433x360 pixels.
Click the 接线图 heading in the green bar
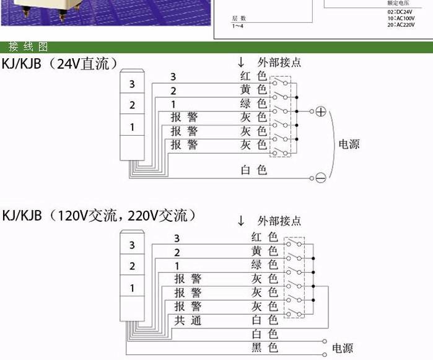click(x=28, y=47)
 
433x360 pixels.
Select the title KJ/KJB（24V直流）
click(x=61, y=63)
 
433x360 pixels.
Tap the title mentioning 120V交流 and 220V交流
click(x=99, y=216)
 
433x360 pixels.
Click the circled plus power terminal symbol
click(x=320, y=112)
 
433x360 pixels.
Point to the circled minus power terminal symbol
click(x=320, y=178)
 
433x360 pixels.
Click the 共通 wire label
click(x=188, y=321)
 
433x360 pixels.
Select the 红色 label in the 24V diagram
click(x=253, y=76)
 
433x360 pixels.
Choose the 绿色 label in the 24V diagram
click(x=253, y=103)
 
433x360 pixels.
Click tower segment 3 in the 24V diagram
click(x=132, y=84)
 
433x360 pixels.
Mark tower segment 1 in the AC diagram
click(x=132, y=288)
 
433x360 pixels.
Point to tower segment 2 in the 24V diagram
click(x=132, y=105)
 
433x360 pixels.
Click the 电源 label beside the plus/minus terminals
click(x=348, y=144)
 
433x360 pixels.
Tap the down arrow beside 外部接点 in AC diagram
click(x=242, y=221)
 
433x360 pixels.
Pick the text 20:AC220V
click(x=401, y=25)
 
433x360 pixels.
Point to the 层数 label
click(x=239, y=19)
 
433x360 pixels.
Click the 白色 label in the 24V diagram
click(x=253, y=169)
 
